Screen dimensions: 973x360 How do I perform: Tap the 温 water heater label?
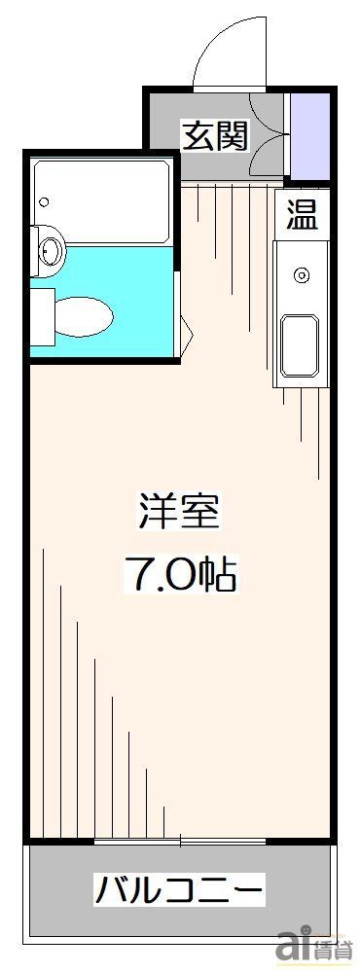point(301,215)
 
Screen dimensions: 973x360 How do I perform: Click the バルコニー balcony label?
point(179,888)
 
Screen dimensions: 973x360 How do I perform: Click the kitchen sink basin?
point(300,345)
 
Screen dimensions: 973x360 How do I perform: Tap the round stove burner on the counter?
point(302,276)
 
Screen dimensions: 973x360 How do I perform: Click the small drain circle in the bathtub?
point(43,202)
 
